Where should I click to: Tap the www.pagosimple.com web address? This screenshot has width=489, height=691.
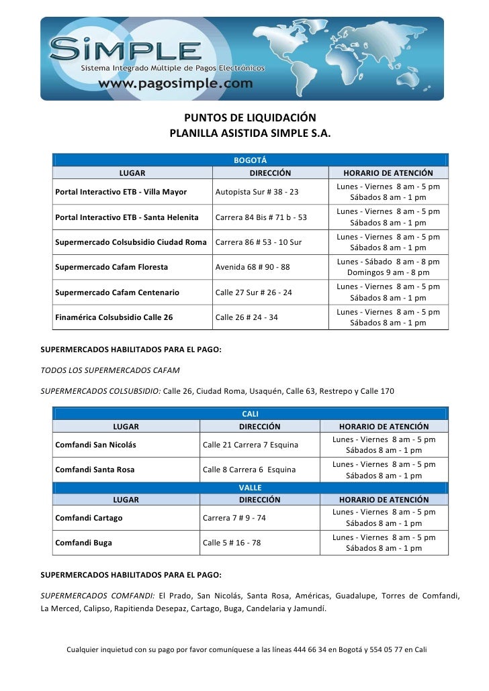point(176,84)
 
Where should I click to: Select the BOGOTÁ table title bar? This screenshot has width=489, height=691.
point(250,160)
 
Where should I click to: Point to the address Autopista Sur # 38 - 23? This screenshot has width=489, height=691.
point(257,193)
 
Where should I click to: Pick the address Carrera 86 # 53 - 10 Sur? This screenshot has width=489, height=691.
point(259,242)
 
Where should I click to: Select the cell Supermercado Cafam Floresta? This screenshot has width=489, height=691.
point(112,267)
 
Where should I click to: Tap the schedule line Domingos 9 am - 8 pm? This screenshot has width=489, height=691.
point(388,273)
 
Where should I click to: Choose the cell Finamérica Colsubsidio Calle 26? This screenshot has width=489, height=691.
point(114,317)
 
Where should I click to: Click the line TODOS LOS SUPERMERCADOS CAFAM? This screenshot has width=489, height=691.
point(110,370)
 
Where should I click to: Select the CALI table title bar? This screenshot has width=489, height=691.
point(250,414)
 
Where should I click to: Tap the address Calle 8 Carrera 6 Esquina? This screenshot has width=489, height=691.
point(249,470)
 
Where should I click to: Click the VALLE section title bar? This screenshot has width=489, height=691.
point(250,488)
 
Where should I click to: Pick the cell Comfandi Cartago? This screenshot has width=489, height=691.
point(89,518)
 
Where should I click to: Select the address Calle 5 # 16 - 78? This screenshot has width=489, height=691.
point(232,543)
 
